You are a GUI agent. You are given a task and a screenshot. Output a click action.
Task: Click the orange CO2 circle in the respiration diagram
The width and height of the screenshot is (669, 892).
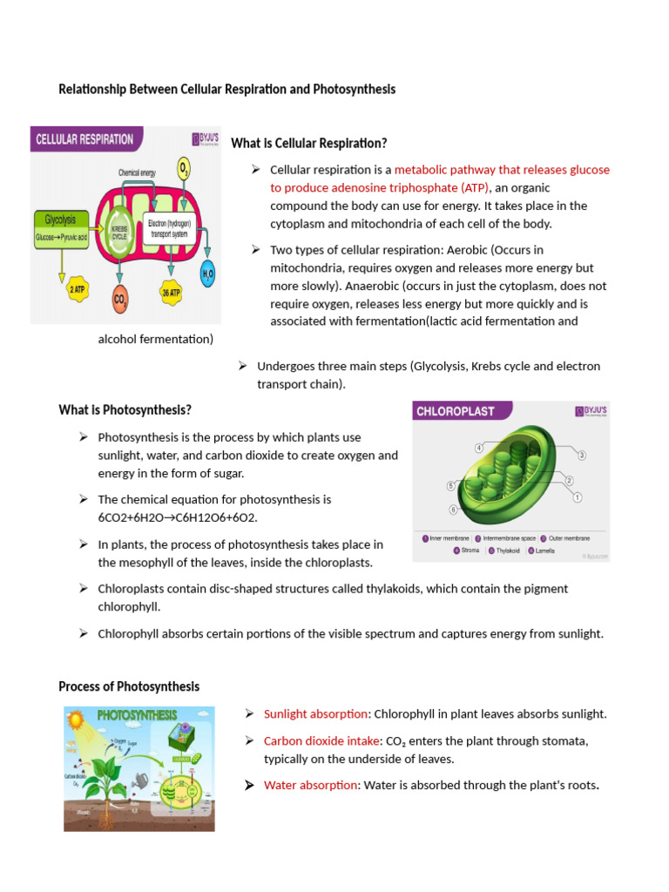pos(119,301)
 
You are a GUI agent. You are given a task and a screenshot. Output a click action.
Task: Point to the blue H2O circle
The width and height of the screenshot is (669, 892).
pos(208,274)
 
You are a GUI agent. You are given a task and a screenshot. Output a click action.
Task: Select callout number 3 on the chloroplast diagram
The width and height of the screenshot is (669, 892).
pos(581,455)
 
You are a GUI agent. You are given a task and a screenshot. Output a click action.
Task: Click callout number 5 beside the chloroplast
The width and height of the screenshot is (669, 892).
pos(451,486)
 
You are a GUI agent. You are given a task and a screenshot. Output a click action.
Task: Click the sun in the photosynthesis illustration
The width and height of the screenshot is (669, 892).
pos(76,720)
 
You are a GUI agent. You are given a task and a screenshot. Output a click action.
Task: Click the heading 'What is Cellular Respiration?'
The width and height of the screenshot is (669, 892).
pos(308,143)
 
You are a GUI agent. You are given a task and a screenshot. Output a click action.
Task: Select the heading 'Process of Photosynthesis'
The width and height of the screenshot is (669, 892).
pos(129,686)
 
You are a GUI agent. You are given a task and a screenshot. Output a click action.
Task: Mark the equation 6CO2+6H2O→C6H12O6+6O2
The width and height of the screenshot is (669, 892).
pos(178,517)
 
